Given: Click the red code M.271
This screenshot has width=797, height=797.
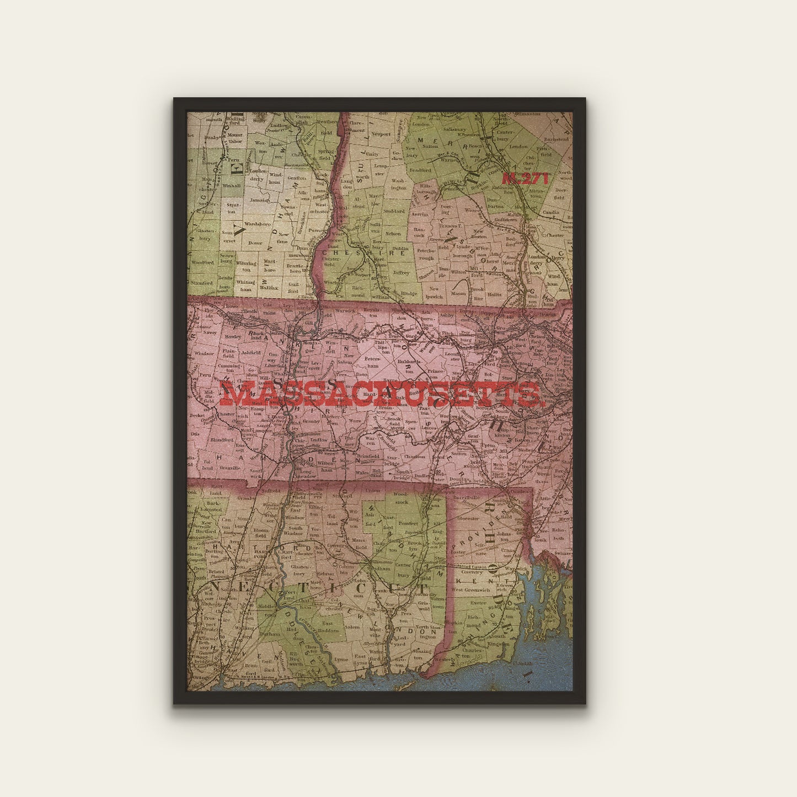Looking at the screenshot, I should [x=526, y=178].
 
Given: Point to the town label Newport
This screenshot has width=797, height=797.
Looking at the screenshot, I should [x=381, y=134].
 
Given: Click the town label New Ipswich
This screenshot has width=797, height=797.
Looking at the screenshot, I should [x=436, y=292].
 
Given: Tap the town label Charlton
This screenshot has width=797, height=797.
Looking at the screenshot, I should [x=414, y=456].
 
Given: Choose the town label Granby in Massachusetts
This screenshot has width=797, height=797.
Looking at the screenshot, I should [x=311, y=421].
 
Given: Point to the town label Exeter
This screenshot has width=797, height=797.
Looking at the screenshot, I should [x=478, y=603].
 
